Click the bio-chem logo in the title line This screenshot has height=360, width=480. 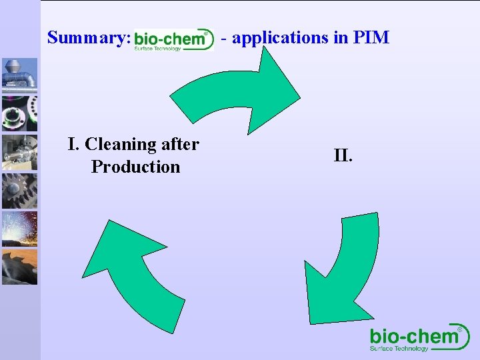tap(173, 39)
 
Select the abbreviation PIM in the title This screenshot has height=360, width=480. tap(371, 37)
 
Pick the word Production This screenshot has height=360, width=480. tap(136, 167)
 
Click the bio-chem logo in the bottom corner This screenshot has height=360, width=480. tap(419, 338)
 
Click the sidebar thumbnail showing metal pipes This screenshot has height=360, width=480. tap(19, 75)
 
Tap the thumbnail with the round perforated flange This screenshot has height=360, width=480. tap(19, 113)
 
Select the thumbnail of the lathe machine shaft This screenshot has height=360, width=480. tap(19, 152)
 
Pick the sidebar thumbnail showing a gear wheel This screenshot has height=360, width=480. tap(19, 191)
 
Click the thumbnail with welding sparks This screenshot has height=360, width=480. tap(19, 229)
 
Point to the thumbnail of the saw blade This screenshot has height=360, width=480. tap(19, 267)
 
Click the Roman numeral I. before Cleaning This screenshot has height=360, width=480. tap(74, 144)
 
